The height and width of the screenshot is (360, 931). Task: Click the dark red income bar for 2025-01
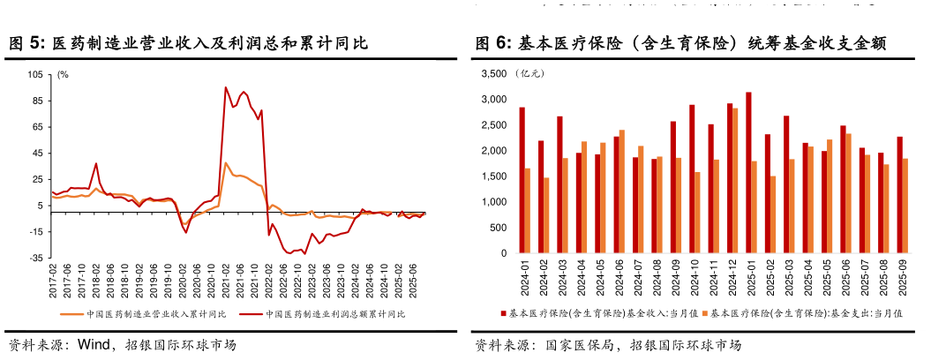click(x=748, y=173)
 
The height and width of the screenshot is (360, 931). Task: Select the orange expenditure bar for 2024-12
click(x=734, y=181)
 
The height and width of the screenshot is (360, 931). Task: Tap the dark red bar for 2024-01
click(x=522, y=181)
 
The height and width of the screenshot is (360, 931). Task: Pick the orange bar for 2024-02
click(x=546, y=216)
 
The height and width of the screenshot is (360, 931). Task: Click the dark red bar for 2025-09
click(x=899, y=195)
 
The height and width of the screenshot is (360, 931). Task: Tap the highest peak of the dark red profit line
click(x=226, y=87)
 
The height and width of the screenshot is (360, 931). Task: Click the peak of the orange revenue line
click(x=225, y=163)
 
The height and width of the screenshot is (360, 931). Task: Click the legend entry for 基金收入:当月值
click(x=600, y=313)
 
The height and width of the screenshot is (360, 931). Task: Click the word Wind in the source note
click(x=92, y=345)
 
